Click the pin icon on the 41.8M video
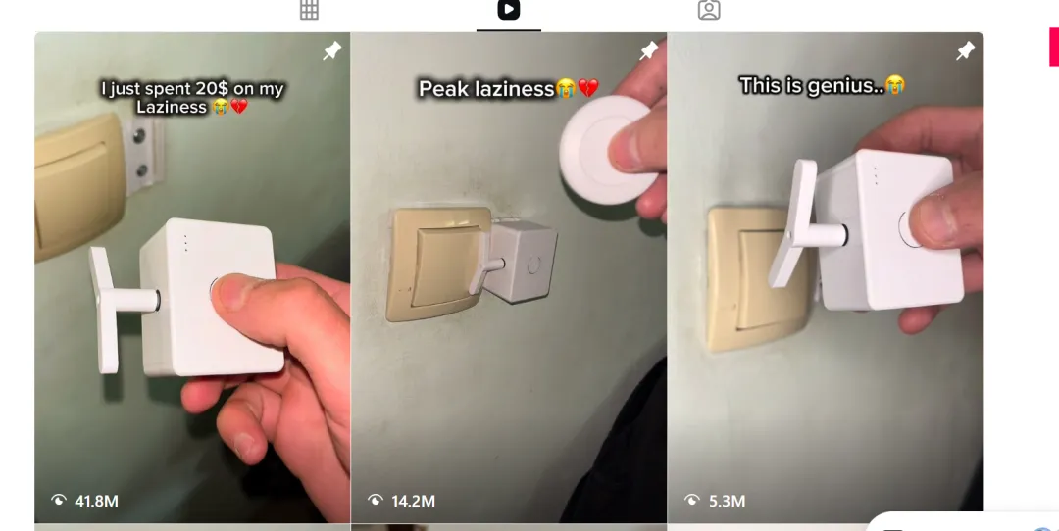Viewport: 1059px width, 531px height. pyautogui.click(x=331, y=51)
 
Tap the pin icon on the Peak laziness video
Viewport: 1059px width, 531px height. pyautogui.click(x=648, y=50)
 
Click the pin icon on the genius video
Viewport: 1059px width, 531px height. pyautogui.click(x=965, y=50)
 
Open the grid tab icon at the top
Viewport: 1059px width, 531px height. pyautogui.click(x=309, y=10)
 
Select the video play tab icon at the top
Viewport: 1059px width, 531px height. pyautogui.click(x=509, y=10)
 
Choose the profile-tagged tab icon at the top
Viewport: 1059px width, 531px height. pyautogui.click(x=709, y=10)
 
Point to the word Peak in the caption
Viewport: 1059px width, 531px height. pyautogui.click(x=438, y=89)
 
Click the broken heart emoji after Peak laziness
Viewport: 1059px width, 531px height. pyautogui.click(x=588, y=88)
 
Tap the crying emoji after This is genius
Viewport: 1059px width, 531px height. pyautogui.click(x=895, y=85)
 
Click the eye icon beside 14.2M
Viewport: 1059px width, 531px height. pyautogui.click(x=376, y=500)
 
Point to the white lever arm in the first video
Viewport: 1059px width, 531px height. pyautogui.click(x=105, y=310)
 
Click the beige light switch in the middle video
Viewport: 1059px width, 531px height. pyautogui.click(x=437, y=264)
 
